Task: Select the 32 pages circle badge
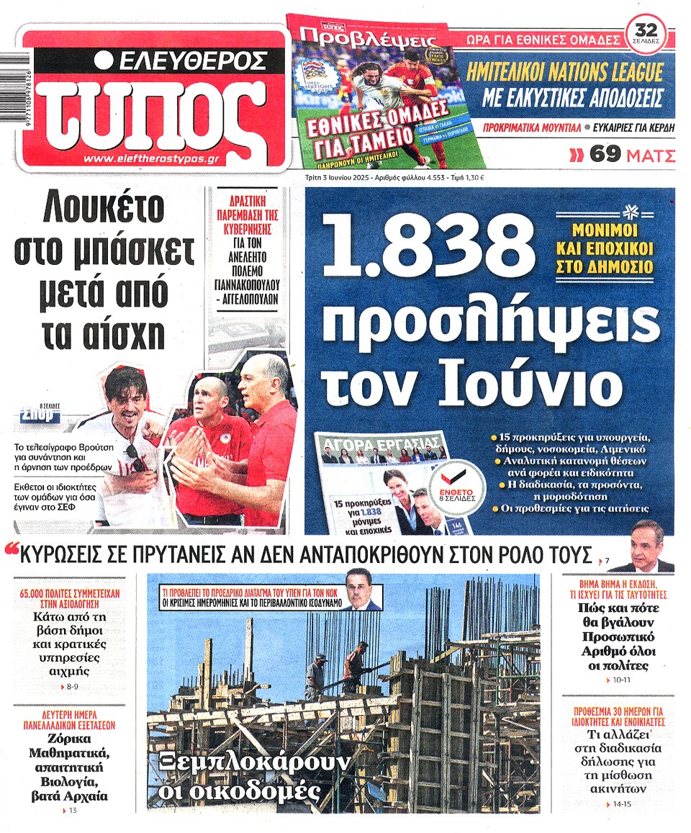tap(646, 33)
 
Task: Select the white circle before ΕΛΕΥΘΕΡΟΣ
tap(104, 60)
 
